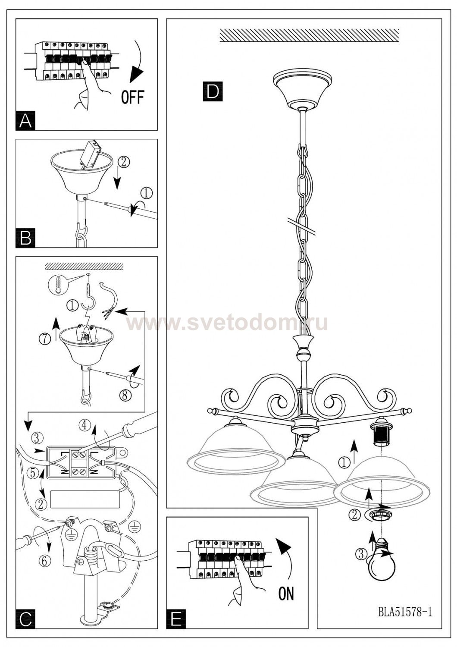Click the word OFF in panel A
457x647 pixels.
pyautogui.click(x=132, y=97)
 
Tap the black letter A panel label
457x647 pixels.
pyautogui.click(x=25, y=121)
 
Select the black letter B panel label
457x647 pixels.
pyautogui.click(x=25, y=238)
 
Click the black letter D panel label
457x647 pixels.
pyautogui.click(x=213, y=91)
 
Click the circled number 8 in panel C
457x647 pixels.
pyautogui.click(x=125, y=395)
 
